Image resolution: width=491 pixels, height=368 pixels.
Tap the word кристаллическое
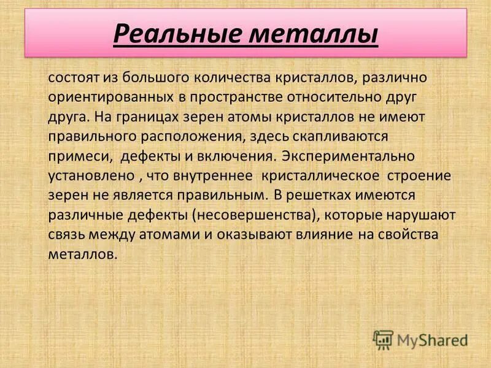(x=320, y=176)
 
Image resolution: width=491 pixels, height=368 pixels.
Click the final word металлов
(x=82, y=255)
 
